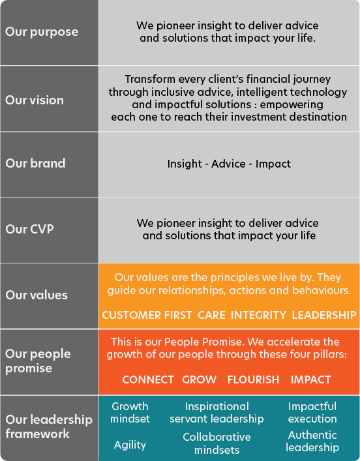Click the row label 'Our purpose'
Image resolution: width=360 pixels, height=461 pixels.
tap(42, 32)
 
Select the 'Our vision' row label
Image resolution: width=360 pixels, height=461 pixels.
tap(35, 100)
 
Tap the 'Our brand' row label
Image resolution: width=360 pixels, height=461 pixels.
tap(35, 164)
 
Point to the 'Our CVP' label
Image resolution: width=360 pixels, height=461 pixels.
tap(29, 229)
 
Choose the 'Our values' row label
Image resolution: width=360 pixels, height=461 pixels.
tap(37, 295)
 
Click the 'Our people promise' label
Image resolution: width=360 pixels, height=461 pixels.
tap(38, 361)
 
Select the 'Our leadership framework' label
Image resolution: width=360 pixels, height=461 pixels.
tap(49, 426)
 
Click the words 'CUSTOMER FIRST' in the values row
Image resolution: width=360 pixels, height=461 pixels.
tap(147, 315)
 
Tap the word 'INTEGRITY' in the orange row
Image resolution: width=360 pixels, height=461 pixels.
tap(258, 315)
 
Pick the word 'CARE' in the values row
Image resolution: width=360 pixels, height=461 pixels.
tap(211, 315)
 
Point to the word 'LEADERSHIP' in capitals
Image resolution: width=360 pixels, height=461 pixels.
tap(324, 315)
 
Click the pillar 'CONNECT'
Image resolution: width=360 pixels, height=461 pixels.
tap(148, 379)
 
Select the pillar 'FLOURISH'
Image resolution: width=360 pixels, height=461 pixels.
tap(253, 379)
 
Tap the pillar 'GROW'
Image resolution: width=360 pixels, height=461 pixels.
tap(199, 379)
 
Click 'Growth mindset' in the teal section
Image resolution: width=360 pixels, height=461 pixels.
tap(130, 413)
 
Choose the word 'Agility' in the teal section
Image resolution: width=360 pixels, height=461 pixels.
tap(130, 445)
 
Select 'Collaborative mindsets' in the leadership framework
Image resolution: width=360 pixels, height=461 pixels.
tap(217, 443)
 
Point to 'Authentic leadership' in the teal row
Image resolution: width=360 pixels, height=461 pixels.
tap(312, 441)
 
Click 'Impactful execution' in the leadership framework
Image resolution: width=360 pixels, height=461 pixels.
tap(312, 413)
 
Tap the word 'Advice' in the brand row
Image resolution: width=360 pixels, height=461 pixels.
tap(228, 164)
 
